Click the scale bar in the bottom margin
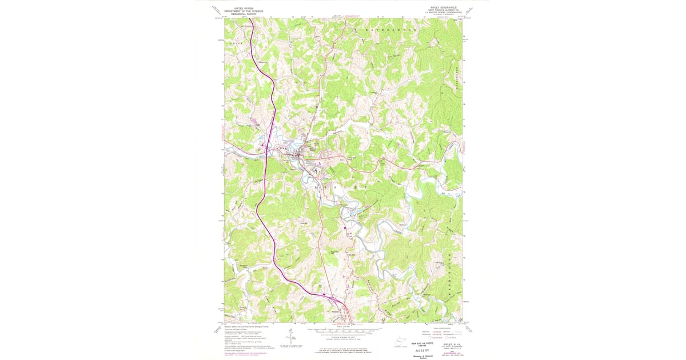tap(343, 330)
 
